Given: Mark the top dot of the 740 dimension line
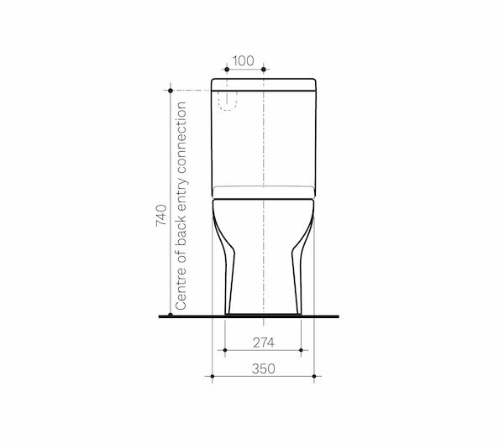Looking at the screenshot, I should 171,89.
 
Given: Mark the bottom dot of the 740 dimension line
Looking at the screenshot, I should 171,314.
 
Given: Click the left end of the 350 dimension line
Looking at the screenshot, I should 211,375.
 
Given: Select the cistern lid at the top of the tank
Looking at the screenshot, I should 265,85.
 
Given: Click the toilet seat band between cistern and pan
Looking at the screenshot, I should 265,190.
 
